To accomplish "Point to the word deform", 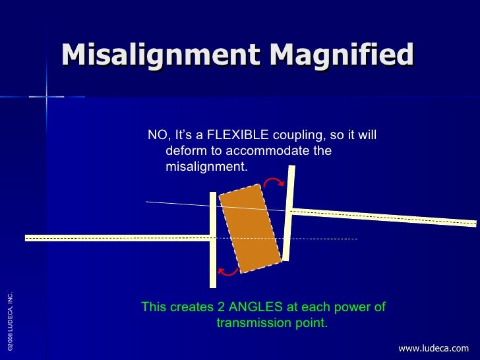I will click(187, 152).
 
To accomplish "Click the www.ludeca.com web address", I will click(433, 348).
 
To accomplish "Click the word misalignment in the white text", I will click(205, 167).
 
